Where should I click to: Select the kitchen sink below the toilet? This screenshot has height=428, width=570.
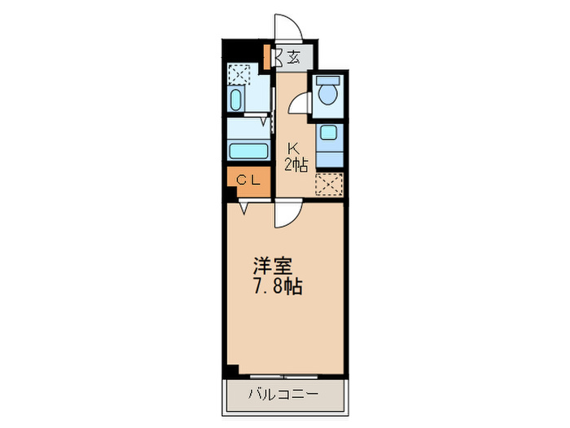tap(328, 135)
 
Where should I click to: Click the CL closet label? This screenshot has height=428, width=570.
tap(248, 181)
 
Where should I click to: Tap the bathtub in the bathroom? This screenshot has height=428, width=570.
tap(248, 150)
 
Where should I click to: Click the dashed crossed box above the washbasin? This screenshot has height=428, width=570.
tap(239, 73)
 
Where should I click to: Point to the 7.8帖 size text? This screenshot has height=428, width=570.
tap(271, 287)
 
